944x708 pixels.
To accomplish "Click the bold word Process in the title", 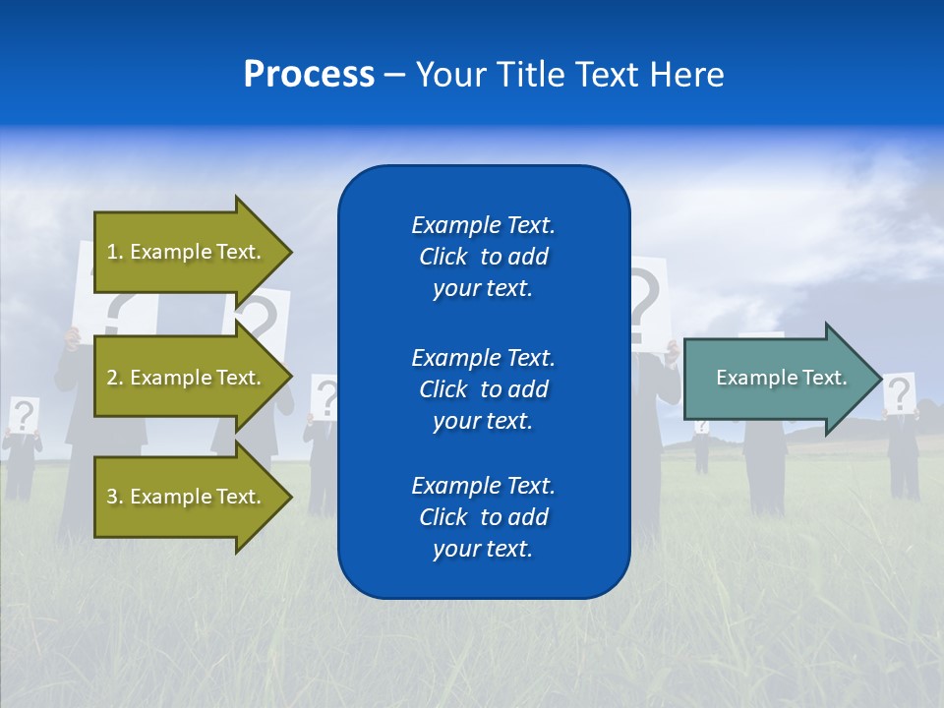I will pyautogui.click(x=309, y=75).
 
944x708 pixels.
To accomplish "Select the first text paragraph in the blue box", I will pyautogui.click(x=483, y=257).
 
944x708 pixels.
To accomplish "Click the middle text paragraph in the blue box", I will pyautogui.click(x=483, y=389).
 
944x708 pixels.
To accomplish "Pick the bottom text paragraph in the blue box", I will pyautogui.click(x=483, y=517).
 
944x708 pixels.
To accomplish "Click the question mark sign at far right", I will pyautogui.click(x=899, y=393).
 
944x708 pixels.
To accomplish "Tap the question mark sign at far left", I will pyautogui.click(x=24, y=414).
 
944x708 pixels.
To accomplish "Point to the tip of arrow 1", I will pyautogui.click(x=290, y=252).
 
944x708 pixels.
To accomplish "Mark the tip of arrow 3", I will pyautogui.click(x=290, y=497).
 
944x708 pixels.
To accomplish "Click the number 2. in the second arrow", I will pyautogui.click(x=115, y=378).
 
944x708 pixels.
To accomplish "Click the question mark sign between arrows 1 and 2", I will pyautogui.click(x=259, y=319).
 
